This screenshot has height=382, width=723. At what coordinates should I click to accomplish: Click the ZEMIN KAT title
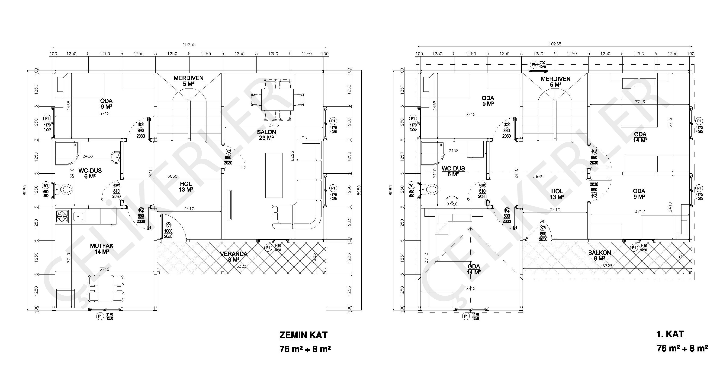pos(303,335)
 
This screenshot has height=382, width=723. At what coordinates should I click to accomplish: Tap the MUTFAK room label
pos(102,246)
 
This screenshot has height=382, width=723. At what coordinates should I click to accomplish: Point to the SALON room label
pos(266,132)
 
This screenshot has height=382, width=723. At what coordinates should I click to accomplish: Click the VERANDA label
pos(234,254)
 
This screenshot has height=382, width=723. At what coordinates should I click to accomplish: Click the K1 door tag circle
pos(169,225)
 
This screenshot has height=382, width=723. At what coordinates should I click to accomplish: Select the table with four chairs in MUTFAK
pos(106,288)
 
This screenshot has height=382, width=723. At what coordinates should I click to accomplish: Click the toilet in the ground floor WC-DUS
pos(64,190)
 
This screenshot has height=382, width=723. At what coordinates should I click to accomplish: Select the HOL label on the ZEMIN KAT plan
pos(186,184)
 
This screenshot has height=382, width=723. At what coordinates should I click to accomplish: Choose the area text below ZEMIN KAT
pos(305,349)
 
